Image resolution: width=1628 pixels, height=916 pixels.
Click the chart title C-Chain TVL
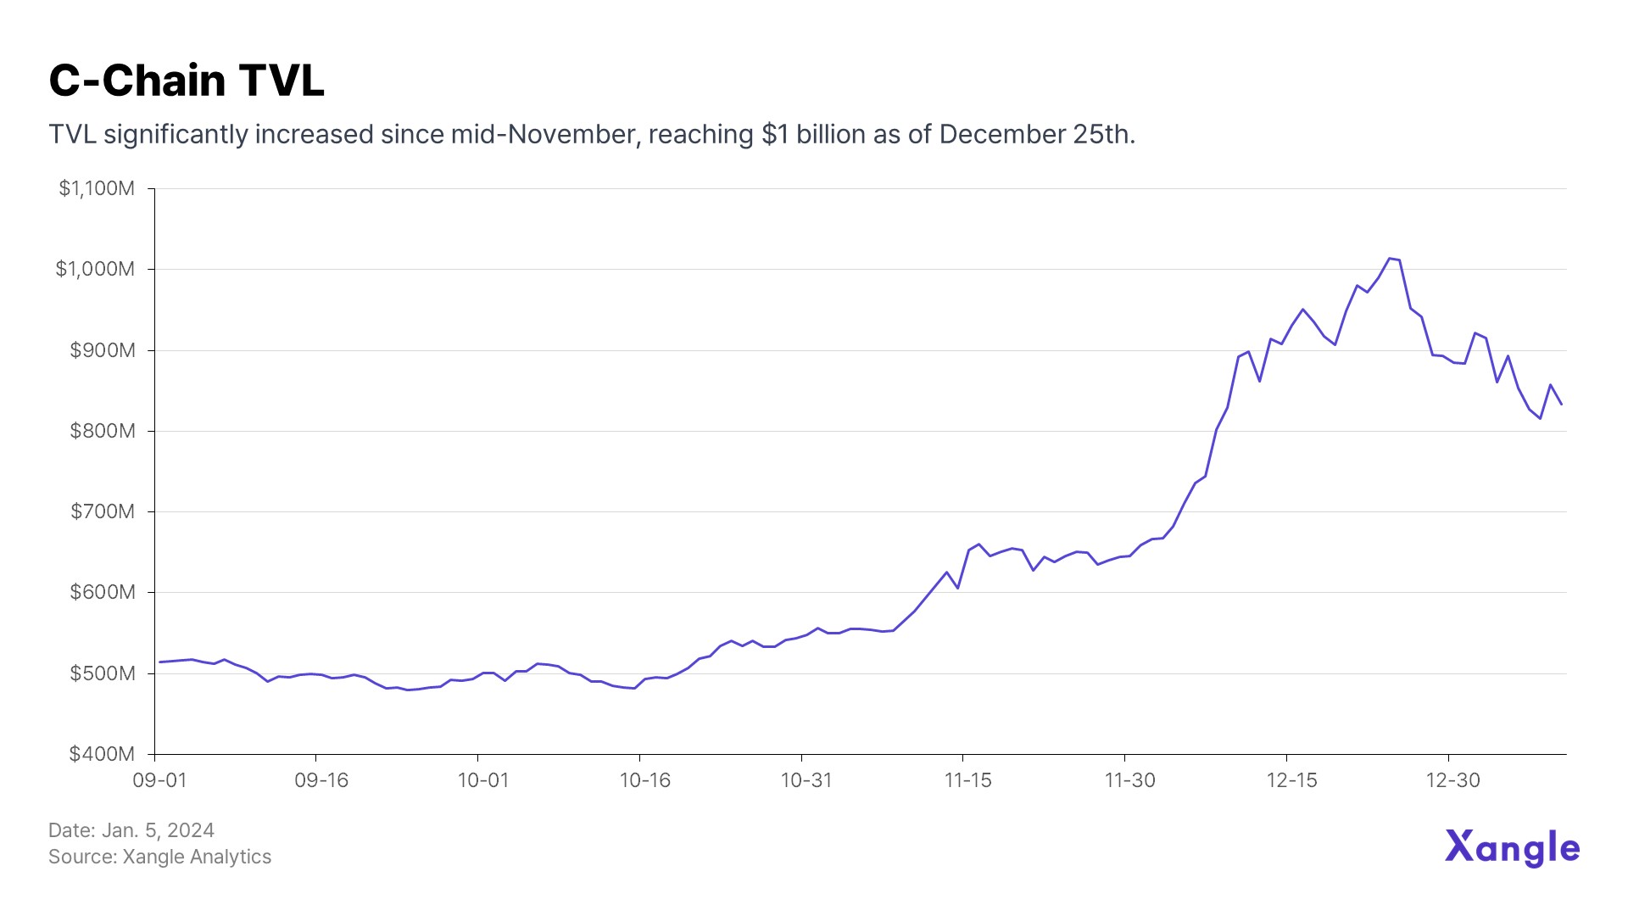(187, 81)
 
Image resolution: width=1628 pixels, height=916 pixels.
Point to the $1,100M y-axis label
(97, 188)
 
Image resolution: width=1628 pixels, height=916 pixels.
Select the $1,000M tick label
(95, 269)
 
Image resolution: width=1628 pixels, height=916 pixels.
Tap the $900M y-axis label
(103, 350)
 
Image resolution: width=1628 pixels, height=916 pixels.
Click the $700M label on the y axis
(103, 511)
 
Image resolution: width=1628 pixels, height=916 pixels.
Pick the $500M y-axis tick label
(103, 673)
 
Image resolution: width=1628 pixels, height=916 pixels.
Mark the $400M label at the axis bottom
(103, 754)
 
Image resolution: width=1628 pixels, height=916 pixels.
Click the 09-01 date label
(159, 780)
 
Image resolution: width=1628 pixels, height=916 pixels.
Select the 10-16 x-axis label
(645, 780)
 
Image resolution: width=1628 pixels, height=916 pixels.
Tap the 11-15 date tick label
(968, 780)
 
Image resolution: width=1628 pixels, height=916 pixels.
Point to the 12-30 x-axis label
(1453, 780)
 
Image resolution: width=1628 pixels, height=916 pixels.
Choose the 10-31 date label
(806, 780)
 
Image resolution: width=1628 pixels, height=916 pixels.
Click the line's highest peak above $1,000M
(1389, 258)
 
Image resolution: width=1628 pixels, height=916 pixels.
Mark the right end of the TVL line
(1562, 405)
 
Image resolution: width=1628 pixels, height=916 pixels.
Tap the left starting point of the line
(159, 662)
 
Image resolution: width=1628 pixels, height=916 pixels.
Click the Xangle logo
(1512, 847)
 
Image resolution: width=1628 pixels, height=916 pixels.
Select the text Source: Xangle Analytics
(160, 857)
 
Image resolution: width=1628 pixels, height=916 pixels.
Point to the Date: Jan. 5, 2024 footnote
(131, 830)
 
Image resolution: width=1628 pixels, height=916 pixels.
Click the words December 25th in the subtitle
(1036, 134)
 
